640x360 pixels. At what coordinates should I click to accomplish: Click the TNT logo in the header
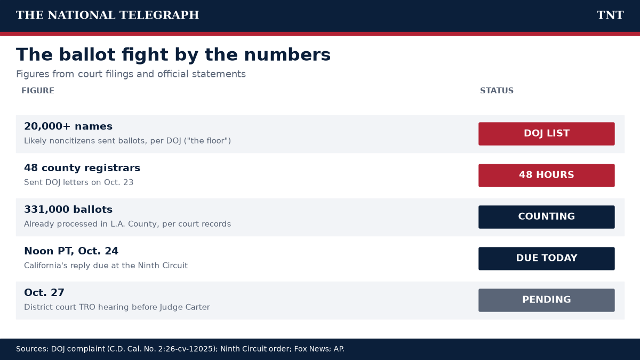610,15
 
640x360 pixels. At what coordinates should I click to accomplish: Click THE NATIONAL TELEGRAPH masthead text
107,15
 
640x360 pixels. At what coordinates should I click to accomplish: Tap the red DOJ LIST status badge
547,134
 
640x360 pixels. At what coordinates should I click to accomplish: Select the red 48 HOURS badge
547,175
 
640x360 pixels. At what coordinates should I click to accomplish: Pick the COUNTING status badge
547,217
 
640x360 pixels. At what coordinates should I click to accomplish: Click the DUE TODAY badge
547,259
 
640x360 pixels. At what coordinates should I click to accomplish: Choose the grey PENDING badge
547,300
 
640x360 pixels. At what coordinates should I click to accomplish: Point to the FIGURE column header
38,91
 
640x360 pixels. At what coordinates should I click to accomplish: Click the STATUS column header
497,91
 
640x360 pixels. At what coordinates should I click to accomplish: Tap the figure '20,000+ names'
68,126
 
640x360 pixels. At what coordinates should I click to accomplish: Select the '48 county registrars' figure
82,168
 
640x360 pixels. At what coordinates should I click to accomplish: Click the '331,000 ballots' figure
68,210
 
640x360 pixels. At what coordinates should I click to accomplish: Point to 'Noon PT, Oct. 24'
71,251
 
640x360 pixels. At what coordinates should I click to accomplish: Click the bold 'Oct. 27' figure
44,293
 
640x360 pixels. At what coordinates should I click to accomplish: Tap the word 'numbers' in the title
287,54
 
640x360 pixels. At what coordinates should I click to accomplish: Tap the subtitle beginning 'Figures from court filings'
131,74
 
